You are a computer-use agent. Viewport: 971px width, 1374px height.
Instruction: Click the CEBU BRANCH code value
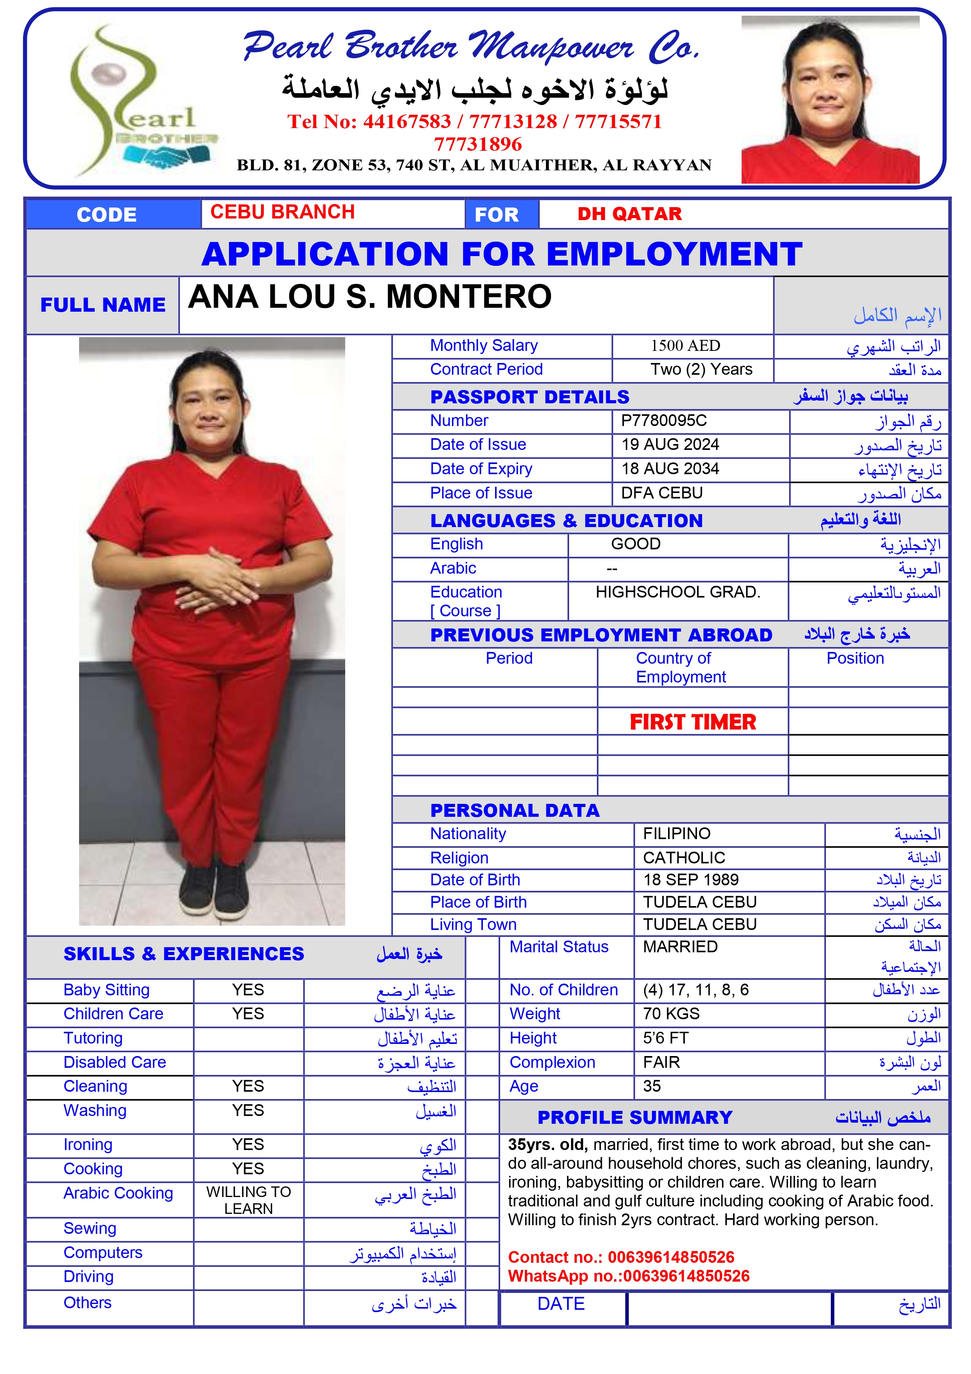283,213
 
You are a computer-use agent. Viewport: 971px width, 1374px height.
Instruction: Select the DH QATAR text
629,214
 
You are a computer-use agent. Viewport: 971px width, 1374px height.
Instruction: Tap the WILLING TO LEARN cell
248,1200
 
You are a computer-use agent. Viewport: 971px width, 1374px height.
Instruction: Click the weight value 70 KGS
671,1014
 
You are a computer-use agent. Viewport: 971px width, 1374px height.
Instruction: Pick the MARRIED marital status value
680,947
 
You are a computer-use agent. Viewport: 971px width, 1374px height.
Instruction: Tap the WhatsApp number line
628,1276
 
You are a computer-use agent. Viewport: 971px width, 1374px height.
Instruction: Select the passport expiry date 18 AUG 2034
670,469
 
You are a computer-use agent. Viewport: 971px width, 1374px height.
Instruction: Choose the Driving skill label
88,1277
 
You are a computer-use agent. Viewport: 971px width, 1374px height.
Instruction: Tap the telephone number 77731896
477,144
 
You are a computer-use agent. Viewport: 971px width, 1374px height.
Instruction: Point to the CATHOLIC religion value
684,858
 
